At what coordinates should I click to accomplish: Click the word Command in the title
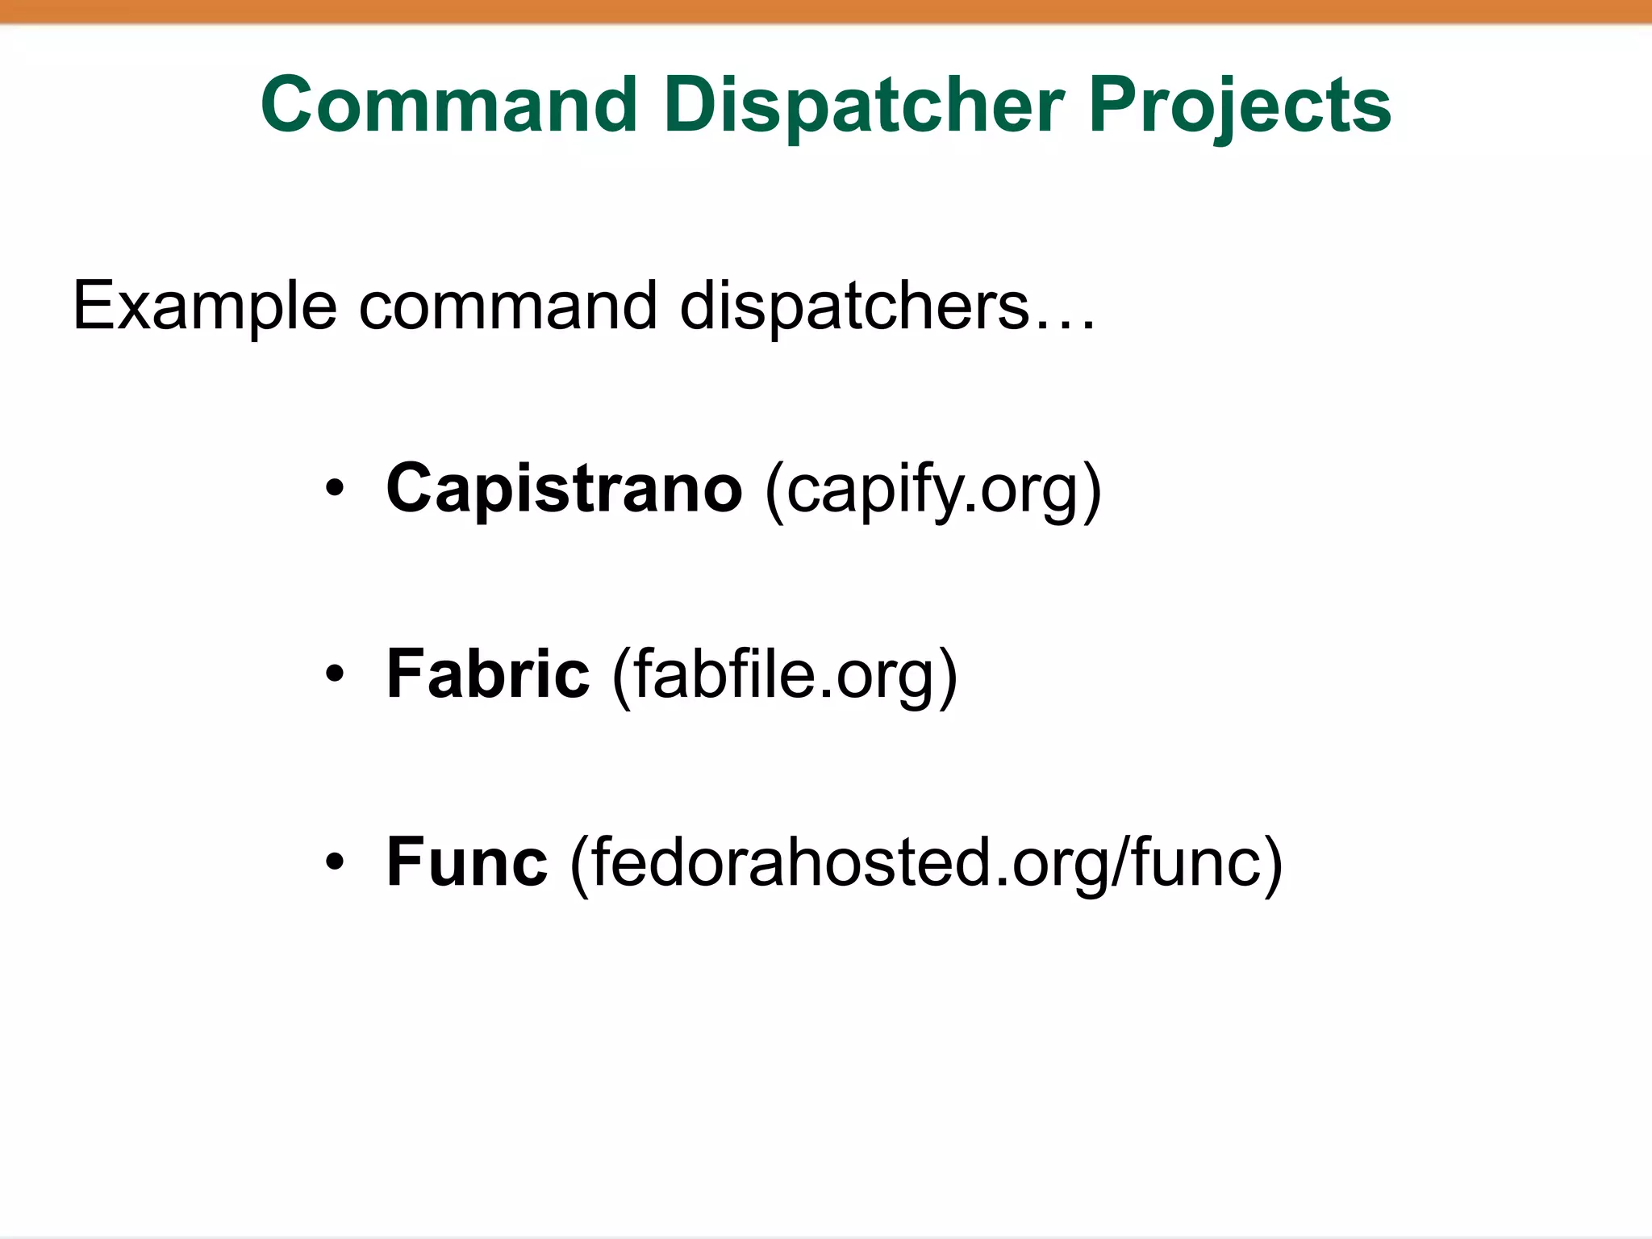[448, 105]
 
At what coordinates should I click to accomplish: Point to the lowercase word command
[507, 307]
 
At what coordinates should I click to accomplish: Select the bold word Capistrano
[564, 488]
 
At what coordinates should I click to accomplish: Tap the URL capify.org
[932, 490]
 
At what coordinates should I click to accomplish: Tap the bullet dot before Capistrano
[335, 489]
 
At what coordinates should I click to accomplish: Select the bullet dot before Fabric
[335, 674]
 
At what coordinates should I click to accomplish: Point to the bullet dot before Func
[335, 862]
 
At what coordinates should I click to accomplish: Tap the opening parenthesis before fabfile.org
[622, 675]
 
